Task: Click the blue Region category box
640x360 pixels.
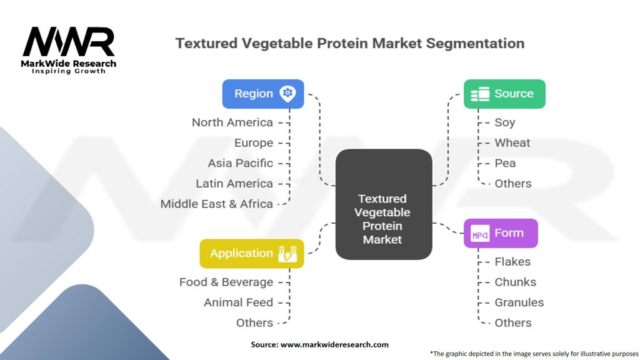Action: [263, 94]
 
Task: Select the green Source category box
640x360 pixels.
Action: [504, 94]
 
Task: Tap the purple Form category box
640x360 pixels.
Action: [501, 233]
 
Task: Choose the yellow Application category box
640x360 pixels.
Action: [252, 254]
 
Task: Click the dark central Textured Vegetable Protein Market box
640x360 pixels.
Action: [384, 204]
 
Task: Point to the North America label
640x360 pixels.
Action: [232, 122]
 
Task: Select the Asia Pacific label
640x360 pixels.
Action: [241, 163]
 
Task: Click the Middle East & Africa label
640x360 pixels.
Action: [217, 204]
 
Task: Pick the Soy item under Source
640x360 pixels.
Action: [505, 122]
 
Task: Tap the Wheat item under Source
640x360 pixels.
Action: [512, 143]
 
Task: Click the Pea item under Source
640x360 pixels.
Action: [505, 163]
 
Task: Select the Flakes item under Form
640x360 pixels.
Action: [512, 262]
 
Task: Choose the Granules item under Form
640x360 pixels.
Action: [519, 302]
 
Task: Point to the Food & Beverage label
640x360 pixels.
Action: [226, 282]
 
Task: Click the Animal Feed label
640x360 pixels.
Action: [238, 302]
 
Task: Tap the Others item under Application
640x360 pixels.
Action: [255, 323]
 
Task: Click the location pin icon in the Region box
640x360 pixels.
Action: [287, 94]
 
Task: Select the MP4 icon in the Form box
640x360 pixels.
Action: [480, 234]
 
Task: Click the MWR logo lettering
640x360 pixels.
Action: [69, 42]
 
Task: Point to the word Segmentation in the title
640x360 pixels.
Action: [475, 44]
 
